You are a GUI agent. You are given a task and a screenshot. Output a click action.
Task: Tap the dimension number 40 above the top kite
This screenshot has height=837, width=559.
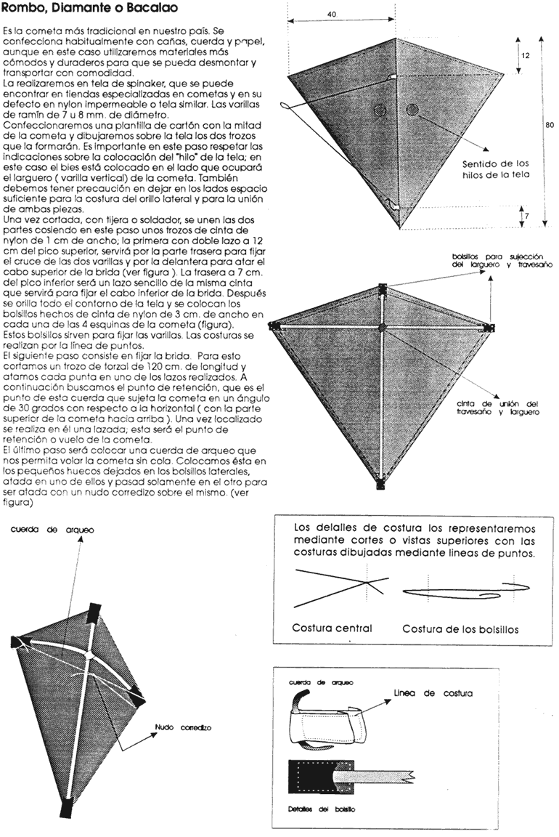[x=332, y=14]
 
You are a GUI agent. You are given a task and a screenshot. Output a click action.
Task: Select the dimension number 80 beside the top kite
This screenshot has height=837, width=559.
[x=549, y=124]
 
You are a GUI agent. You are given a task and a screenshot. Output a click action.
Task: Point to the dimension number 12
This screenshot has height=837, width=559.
[x=535, y=54]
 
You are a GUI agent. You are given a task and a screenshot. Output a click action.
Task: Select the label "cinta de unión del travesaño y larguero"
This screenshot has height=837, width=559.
[x=497, y=408]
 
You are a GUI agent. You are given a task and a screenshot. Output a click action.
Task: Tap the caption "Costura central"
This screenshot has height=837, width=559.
[x=332, y=628]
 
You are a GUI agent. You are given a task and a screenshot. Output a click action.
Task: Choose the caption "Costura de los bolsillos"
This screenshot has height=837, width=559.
[x=460, y=629]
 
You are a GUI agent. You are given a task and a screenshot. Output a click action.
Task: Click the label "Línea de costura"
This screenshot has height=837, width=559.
[x=433, y=693]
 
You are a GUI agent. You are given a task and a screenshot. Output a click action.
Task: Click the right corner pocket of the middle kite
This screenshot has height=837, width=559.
[x=491, y=328]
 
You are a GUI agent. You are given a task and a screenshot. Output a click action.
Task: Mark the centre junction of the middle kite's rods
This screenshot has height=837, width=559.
[x=383, y=328]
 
